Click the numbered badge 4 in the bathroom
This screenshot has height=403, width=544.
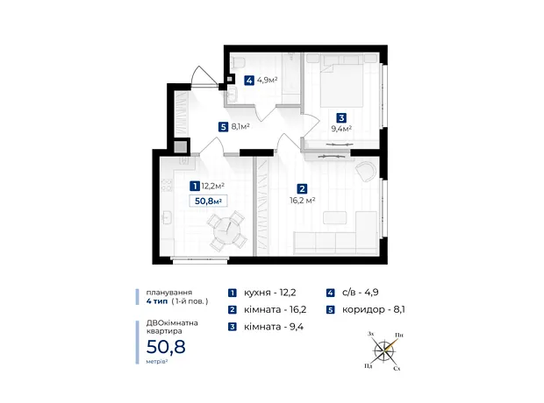coord(248,81)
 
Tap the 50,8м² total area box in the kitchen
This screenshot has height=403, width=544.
coord(208,201)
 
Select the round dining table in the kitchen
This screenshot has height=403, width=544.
coord(227,230)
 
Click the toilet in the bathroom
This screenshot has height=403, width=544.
coord(239,62)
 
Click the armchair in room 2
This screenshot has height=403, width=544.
coord(366,172)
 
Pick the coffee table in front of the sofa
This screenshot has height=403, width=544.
coord(335,217)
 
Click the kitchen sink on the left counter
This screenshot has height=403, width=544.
coord(166,217)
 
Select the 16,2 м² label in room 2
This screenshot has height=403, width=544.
coord(303,201)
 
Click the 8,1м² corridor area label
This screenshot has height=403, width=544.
coord(240,127)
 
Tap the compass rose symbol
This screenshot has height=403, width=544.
coord(385,350)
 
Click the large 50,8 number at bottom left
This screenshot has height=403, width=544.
coord(166,347)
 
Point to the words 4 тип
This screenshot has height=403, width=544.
coord(157,301)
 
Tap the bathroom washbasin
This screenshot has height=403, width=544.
coord(233,95)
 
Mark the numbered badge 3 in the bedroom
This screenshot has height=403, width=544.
coord(341,117)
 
